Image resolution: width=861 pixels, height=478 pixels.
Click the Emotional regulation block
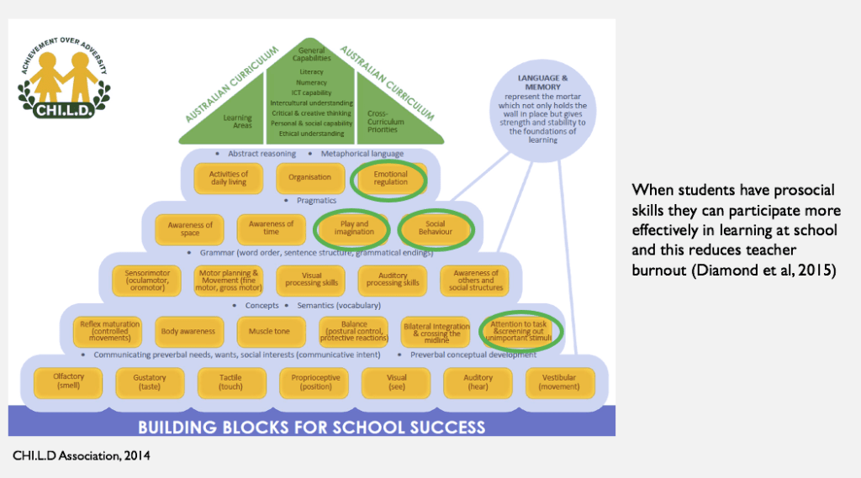[391, 177]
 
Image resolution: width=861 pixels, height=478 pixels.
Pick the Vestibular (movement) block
[560, 382]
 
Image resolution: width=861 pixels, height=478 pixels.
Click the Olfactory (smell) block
[69, 382]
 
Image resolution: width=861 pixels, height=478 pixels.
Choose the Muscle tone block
[270, 331]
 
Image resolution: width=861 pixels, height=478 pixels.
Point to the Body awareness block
[188, 331]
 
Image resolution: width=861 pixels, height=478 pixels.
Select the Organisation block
[309, 177]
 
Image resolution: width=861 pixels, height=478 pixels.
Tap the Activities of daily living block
[228, 177]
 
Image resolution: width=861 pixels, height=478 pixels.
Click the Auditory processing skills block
[393, 279]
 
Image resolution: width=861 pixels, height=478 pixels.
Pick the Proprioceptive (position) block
[314, 382]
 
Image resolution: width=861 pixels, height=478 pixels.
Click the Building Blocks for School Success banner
[312, 425]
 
